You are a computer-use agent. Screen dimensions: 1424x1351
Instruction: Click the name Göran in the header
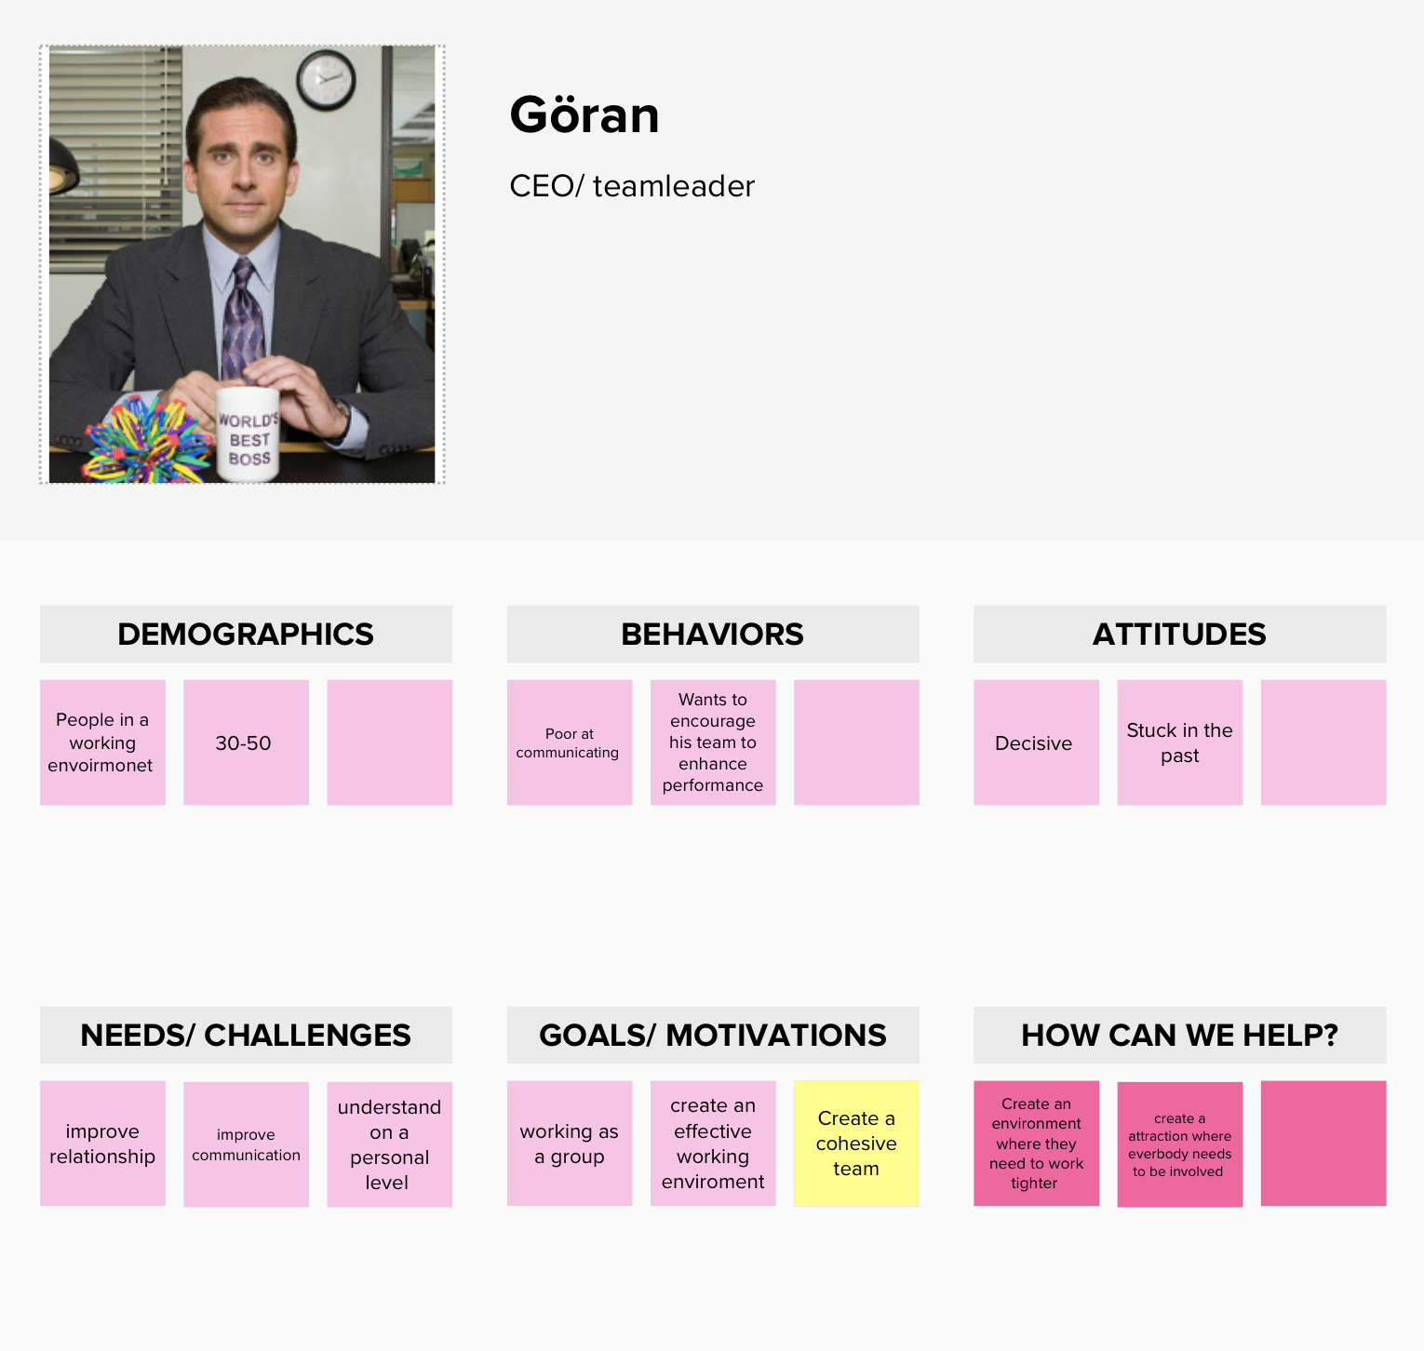click(584, 115)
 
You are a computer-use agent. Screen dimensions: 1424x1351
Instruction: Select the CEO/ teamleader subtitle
click(632, 186)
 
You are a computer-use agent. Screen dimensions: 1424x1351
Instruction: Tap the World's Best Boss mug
click(247, 435)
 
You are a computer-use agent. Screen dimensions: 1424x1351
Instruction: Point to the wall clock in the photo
click(326, 80)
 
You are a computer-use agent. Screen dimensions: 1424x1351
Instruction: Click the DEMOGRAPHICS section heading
click(246, 635)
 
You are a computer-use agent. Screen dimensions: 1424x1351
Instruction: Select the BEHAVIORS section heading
click(713, 635)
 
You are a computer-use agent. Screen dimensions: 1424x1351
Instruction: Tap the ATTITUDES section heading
click(1180, 635)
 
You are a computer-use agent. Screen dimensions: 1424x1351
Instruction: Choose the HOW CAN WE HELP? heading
click(1180, 1036)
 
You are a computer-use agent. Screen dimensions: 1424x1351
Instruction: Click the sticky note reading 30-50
click(246, 742)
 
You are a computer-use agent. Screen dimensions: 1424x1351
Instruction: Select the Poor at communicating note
click(570, 742)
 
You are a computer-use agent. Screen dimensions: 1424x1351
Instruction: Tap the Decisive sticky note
click(1037, 742)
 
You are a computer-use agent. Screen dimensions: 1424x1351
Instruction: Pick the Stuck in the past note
click(1180, 742)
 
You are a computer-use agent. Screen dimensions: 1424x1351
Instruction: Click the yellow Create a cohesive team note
click(856, 1144)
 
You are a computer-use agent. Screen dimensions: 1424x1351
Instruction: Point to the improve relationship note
click(102, 1144)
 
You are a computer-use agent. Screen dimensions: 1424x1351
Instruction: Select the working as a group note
click(570, 1144)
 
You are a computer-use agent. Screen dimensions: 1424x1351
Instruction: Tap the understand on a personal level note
click(390, 1144)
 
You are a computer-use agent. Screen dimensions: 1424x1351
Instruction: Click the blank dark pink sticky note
click(1323, 1144)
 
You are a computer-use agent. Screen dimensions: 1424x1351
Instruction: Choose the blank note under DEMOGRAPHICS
click(390, 742)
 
